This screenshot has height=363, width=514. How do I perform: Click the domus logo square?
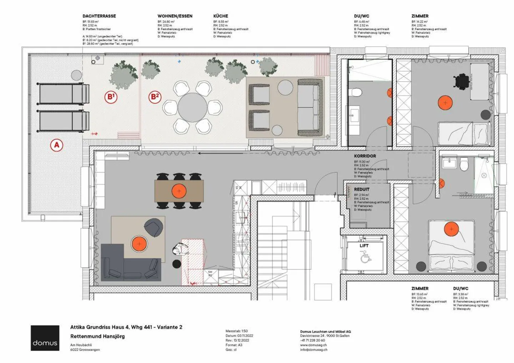(45, 338)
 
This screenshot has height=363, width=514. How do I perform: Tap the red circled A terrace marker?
(56, 145)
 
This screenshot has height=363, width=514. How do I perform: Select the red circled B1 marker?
(111, 97)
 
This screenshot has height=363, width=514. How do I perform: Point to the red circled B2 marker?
(155, 97)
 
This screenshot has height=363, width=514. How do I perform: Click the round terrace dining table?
(192, 107)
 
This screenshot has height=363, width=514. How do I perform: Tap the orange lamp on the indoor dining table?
(179, 191)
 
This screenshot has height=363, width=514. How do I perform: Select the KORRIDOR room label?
(365, 156)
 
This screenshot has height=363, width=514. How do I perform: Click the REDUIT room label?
(362, 189)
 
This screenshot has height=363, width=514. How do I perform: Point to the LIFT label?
(364, 246)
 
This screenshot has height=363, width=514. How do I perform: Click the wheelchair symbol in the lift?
(364, 257)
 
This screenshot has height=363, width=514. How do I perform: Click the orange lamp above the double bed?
(451, 229)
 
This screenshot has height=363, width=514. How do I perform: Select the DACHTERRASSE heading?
(99, 16)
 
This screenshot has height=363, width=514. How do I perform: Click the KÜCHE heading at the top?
(221, 16)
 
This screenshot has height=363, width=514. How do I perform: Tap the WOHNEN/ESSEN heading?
(175, 16)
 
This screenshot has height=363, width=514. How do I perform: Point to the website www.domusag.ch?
(313, 345)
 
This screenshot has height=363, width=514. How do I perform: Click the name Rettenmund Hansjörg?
(97, 336)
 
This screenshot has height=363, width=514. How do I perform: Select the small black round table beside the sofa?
(177, 264)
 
